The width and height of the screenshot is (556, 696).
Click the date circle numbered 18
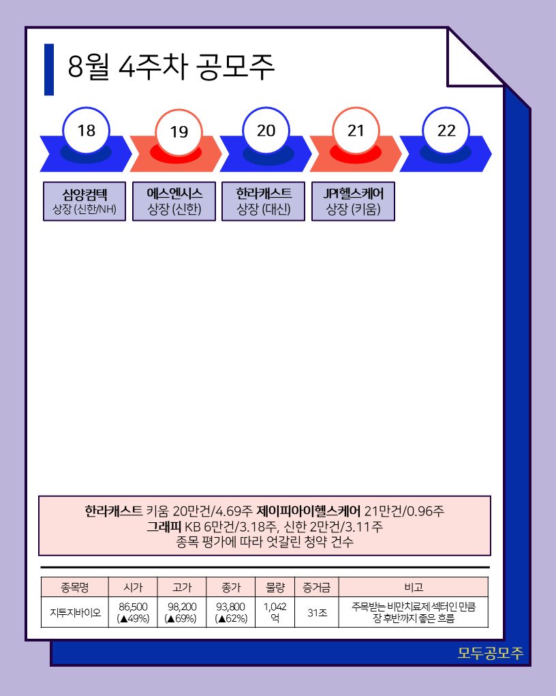point(87,130)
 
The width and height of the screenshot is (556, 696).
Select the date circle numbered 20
point(266,130)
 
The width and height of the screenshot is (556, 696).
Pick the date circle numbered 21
point(356,131)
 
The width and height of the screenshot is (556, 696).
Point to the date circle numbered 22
point(446,131)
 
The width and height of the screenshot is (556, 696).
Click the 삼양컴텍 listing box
point(84,201)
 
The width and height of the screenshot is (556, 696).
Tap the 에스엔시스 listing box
point(174,201)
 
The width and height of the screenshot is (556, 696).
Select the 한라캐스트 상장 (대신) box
point(264,201)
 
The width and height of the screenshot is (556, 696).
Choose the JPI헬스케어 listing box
point(353,201)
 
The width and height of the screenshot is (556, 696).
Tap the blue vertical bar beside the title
point(49,70)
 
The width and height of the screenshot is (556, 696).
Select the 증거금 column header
point(316,587)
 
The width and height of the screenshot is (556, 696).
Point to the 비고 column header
point(413,587)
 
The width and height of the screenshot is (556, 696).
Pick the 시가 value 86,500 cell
point(133,612)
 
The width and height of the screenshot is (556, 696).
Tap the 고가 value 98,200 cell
point(181,612)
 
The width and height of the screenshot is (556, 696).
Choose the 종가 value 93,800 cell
point(230,612)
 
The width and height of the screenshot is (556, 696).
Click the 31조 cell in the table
point(316,612)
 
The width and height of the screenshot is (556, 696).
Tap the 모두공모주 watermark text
point(490,653)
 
